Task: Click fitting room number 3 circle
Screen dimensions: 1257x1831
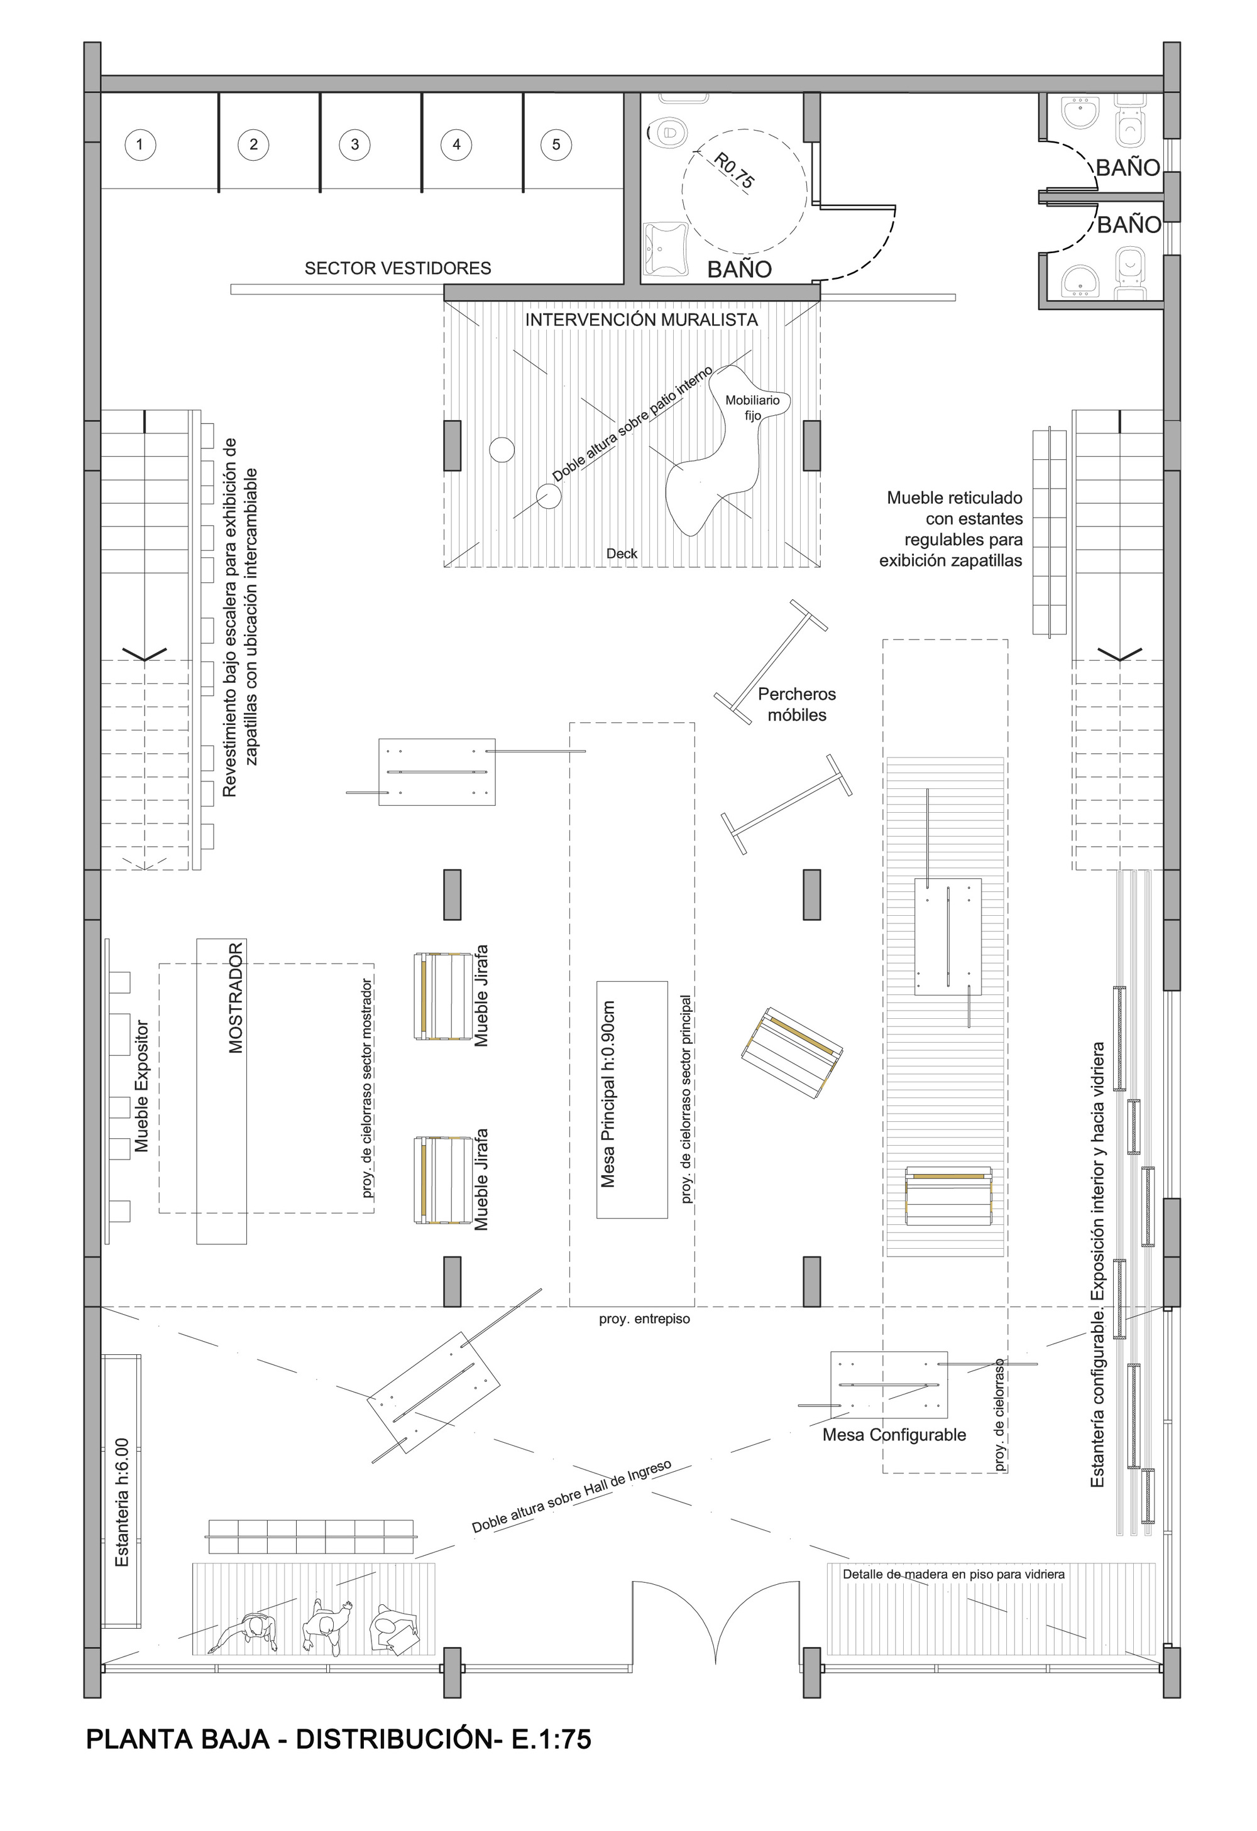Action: pos(354,144)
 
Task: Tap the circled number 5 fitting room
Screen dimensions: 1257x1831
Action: pos(556,144)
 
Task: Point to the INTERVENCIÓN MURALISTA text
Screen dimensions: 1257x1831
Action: pos(642,320)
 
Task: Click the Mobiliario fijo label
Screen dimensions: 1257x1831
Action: pos(752,407)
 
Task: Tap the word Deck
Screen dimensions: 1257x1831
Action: pos(622,554)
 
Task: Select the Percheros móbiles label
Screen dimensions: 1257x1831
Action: pos(797,704)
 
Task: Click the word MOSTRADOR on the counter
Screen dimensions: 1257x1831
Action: pos(236,997)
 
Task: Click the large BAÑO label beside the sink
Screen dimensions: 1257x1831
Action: pos(739,269)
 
